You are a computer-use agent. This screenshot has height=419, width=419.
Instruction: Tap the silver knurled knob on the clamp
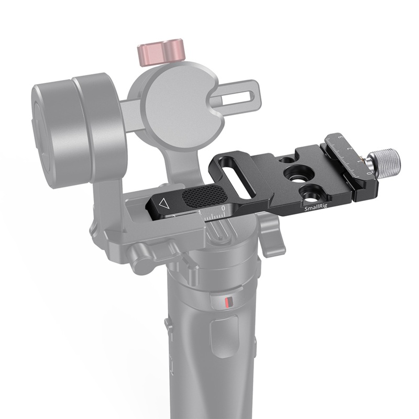point(385,160)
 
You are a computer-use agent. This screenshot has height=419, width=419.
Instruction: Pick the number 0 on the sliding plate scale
point(224,208)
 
